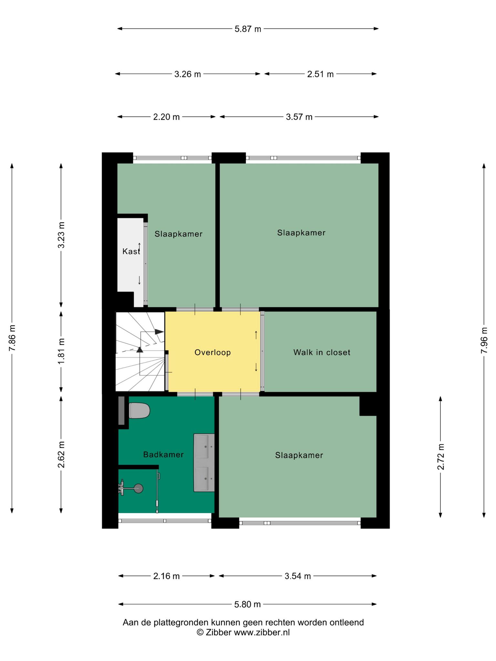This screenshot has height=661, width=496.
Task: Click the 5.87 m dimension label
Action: [248, 29]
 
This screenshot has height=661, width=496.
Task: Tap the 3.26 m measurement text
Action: [188, 74]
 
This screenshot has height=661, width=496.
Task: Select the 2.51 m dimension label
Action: [320, 74]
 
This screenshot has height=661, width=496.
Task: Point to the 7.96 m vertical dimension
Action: [484, 340]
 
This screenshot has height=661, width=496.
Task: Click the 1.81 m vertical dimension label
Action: [61, 351]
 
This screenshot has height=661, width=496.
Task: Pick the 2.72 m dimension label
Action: [441, 457]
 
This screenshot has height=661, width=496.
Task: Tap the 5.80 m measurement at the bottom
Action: [247, 604]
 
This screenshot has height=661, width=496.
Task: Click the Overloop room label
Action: [213, 352]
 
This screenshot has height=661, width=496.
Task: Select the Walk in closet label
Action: [322, 352]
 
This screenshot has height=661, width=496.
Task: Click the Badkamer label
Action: [163, 455]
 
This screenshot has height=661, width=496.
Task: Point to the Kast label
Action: [131, 251]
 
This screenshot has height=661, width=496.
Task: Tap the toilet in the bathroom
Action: [139, 411]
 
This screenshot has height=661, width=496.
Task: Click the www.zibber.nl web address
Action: [262, 632]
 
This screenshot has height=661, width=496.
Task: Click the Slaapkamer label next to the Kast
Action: [179, 234]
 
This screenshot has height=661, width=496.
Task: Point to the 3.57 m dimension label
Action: [299, 117]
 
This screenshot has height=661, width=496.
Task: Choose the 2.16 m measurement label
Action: [166, 576]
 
